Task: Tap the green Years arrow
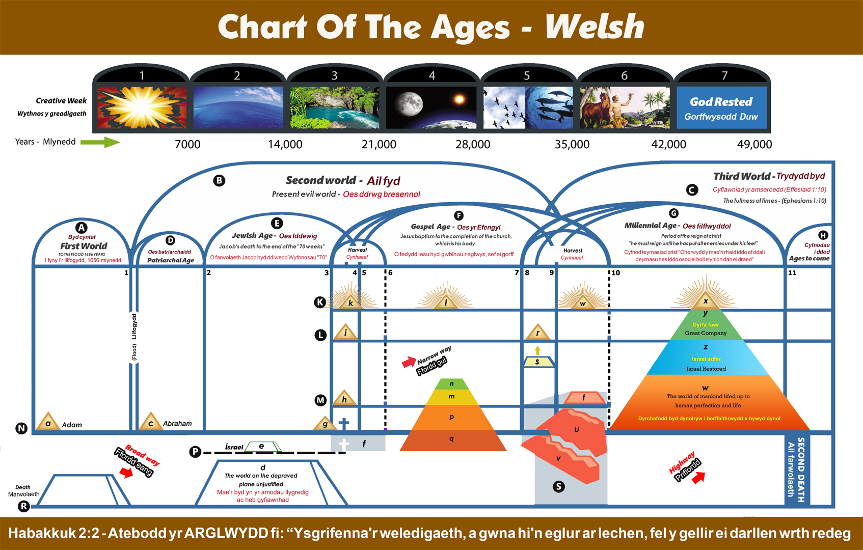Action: click(100, 142)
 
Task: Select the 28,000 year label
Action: click(473, 144)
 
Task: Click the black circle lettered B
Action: click(219, 180)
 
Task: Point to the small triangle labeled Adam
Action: click(48, 421)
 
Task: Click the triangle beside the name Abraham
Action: click(150, 421)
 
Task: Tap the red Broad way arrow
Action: click(126, 472)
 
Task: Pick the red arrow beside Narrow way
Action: click(409, 362)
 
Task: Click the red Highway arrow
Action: click(698, 477)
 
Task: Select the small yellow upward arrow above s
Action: click(537, 350)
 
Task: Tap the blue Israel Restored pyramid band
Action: click(706, 358)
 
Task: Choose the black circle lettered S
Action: click(559, 486)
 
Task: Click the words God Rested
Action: click(721, 102)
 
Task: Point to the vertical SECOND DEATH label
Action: click(801, 470)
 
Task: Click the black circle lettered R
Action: click(23, 506)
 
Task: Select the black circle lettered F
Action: click(459, 215)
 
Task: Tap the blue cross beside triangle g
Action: click(344, 423)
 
